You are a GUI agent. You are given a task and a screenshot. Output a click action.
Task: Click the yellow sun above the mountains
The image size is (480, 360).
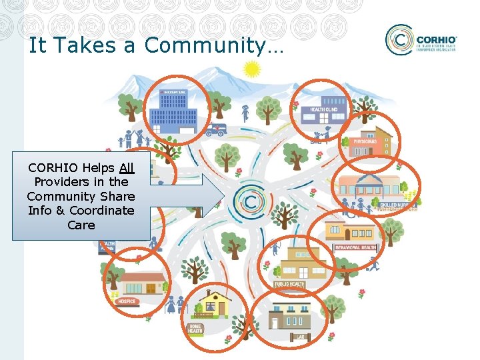click(x=251, y=69)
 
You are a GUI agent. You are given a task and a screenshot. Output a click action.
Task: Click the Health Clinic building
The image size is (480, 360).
click(x=319, y=113)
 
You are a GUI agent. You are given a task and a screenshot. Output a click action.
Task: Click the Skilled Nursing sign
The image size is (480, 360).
click(x=398, y=206)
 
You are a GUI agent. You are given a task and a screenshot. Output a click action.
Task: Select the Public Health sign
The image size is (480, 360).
click(x=289, y=285)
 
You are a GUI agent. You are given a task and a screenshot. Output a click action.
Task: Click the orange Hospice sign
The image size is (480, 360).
click(x=126, y=301)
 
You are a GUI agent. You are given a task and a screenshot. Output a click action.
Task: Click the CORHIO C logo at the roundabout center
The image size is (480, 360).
click(x=251, y=201)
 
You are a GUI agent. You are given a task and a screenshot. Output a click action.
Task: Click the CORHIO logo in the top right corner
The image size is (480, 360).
click(x=421, y=41)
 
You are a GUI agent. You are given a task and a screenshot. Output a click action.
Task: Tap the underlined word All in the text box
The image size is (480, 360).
click(x=127, y=168)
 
